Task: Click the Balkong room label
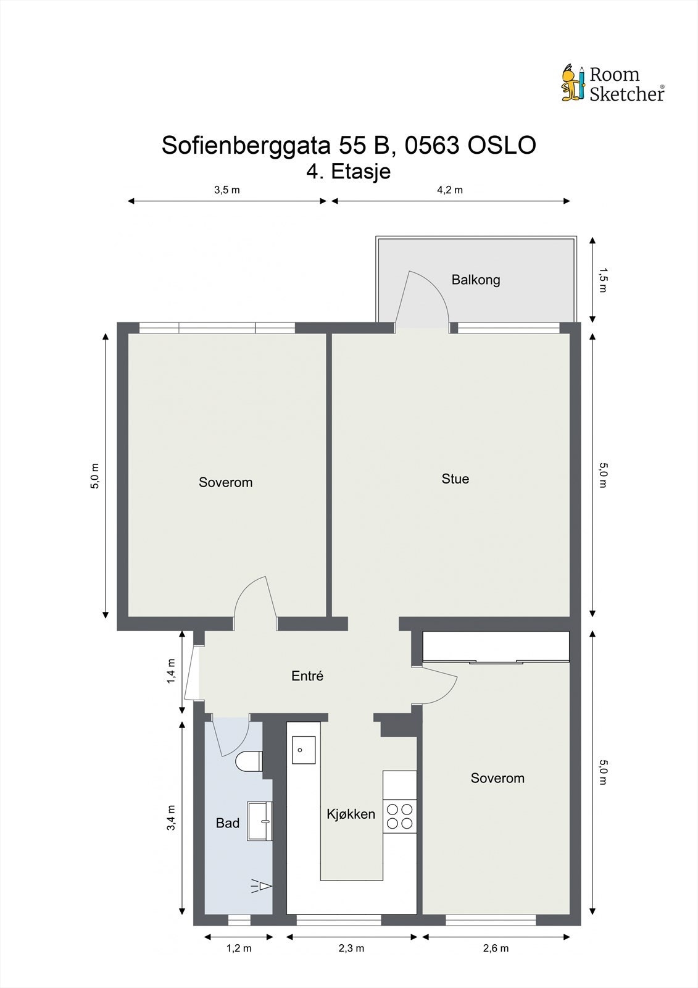tap(475, 280)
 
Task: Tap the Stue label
tap(455, 479)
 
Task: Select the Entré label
tap(307, 676)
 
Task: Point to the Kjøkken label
tap(351, 814)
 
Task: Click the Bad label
tap(227, 823)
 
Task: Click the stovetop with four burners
tap(399, 816)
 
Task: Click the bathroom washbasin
tap(260, 821)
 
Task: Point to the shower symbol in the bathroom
tap(262, 887)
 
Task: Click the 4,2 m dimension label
tap(450, 190)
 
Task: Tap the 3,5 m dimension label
tap(226, 190)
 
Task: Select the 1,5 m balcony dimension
tap(603, 280)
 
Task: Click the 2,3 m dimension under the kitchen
tap(351, 948)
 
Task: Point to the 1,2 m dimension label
tap(239, 948)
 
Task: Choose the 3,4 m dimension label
tap(172, 818)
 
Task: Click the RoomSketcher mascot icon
tap(572, 83)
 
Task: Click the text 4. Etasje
tap(349, 171)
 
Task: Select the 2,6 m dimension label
tap(496, 948)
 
